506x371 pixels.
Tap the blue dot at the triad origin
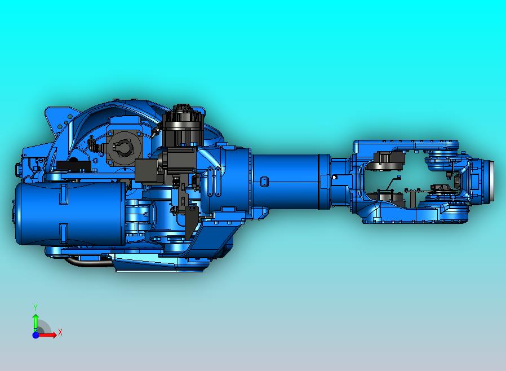tap(35, 335)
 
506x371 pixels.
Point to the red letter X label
tap(60, 332)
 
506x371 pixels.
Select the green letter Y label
tap(35, 307)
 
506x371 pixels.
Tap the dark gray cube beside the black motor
tap(148, 169)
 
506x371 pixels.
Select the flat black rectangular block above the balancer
tap(73, 166)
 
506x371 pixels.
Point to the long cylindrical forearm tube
tap(287, 180)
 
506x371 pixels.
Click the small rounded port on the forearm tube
tap(263, 181)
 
